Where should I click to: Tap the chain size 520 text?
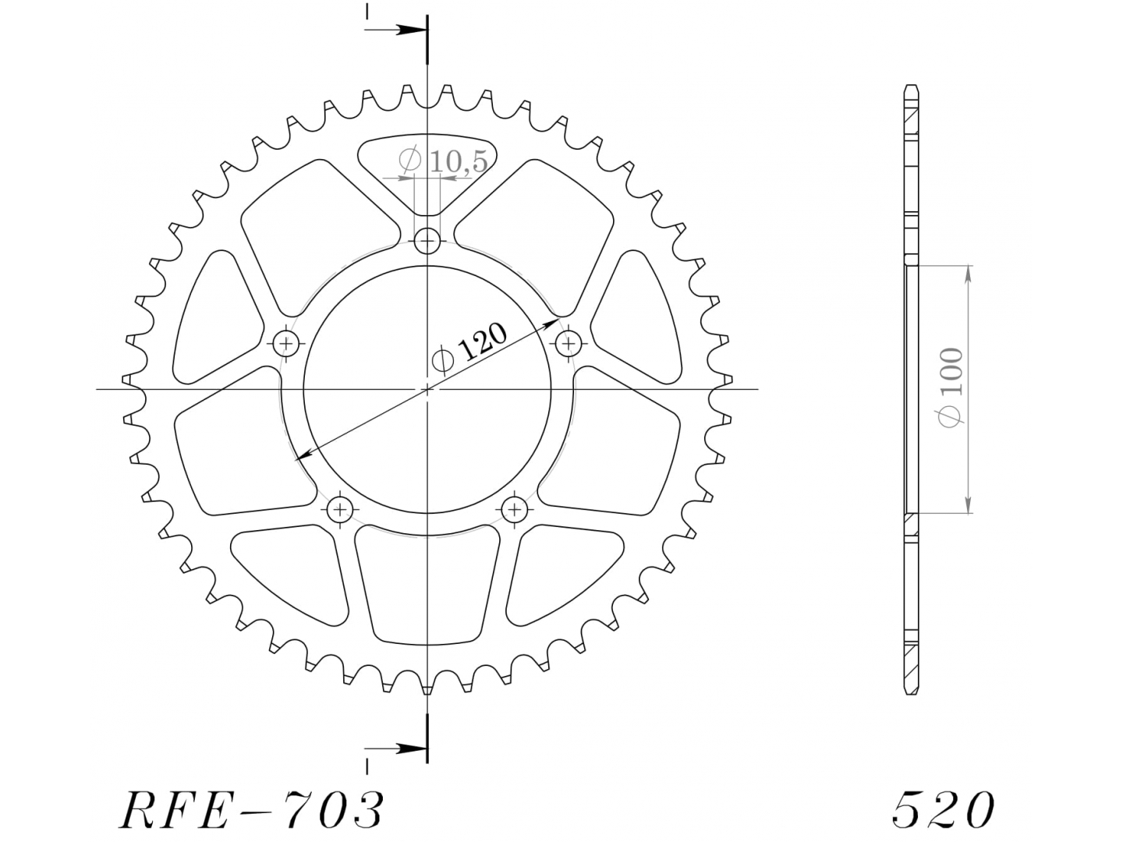pos(943,810)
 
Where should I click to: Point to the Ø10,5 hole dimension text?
pos(443,161)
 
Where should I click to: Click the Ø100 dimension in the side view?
pos(951,387)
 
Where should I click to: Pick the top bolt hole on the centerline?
pos(427,241)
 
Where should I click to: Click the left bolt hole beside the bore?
pos(286,343)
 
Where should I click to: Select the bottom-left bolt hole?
pos(340,509)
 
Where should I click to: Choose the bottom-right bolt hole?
pos(515,509)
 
